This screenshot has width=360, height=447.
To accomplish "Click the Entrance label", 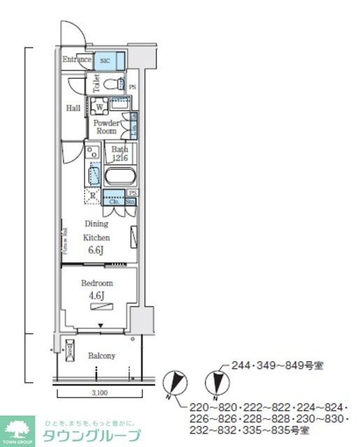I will point(77,60).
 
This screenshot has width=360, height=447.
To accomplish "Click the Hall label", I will point(73,108).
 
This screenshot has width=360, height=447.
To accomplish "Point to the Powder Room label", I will point(106,127).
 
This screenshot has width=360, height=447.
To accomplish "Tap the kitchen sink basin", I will point(94,172).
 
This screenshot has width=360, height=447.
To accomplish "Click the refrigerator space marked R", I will point(92,196).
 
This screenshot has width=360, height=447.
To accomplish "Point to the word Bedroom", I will point(96,284).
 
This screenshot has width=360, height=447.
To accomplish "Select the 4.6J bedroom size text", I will point(96,296).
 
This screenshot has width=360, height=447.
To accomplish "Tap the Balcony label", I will point(101,356).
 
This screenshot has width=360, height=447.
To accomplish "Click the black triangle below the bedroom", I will point(101,325).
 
